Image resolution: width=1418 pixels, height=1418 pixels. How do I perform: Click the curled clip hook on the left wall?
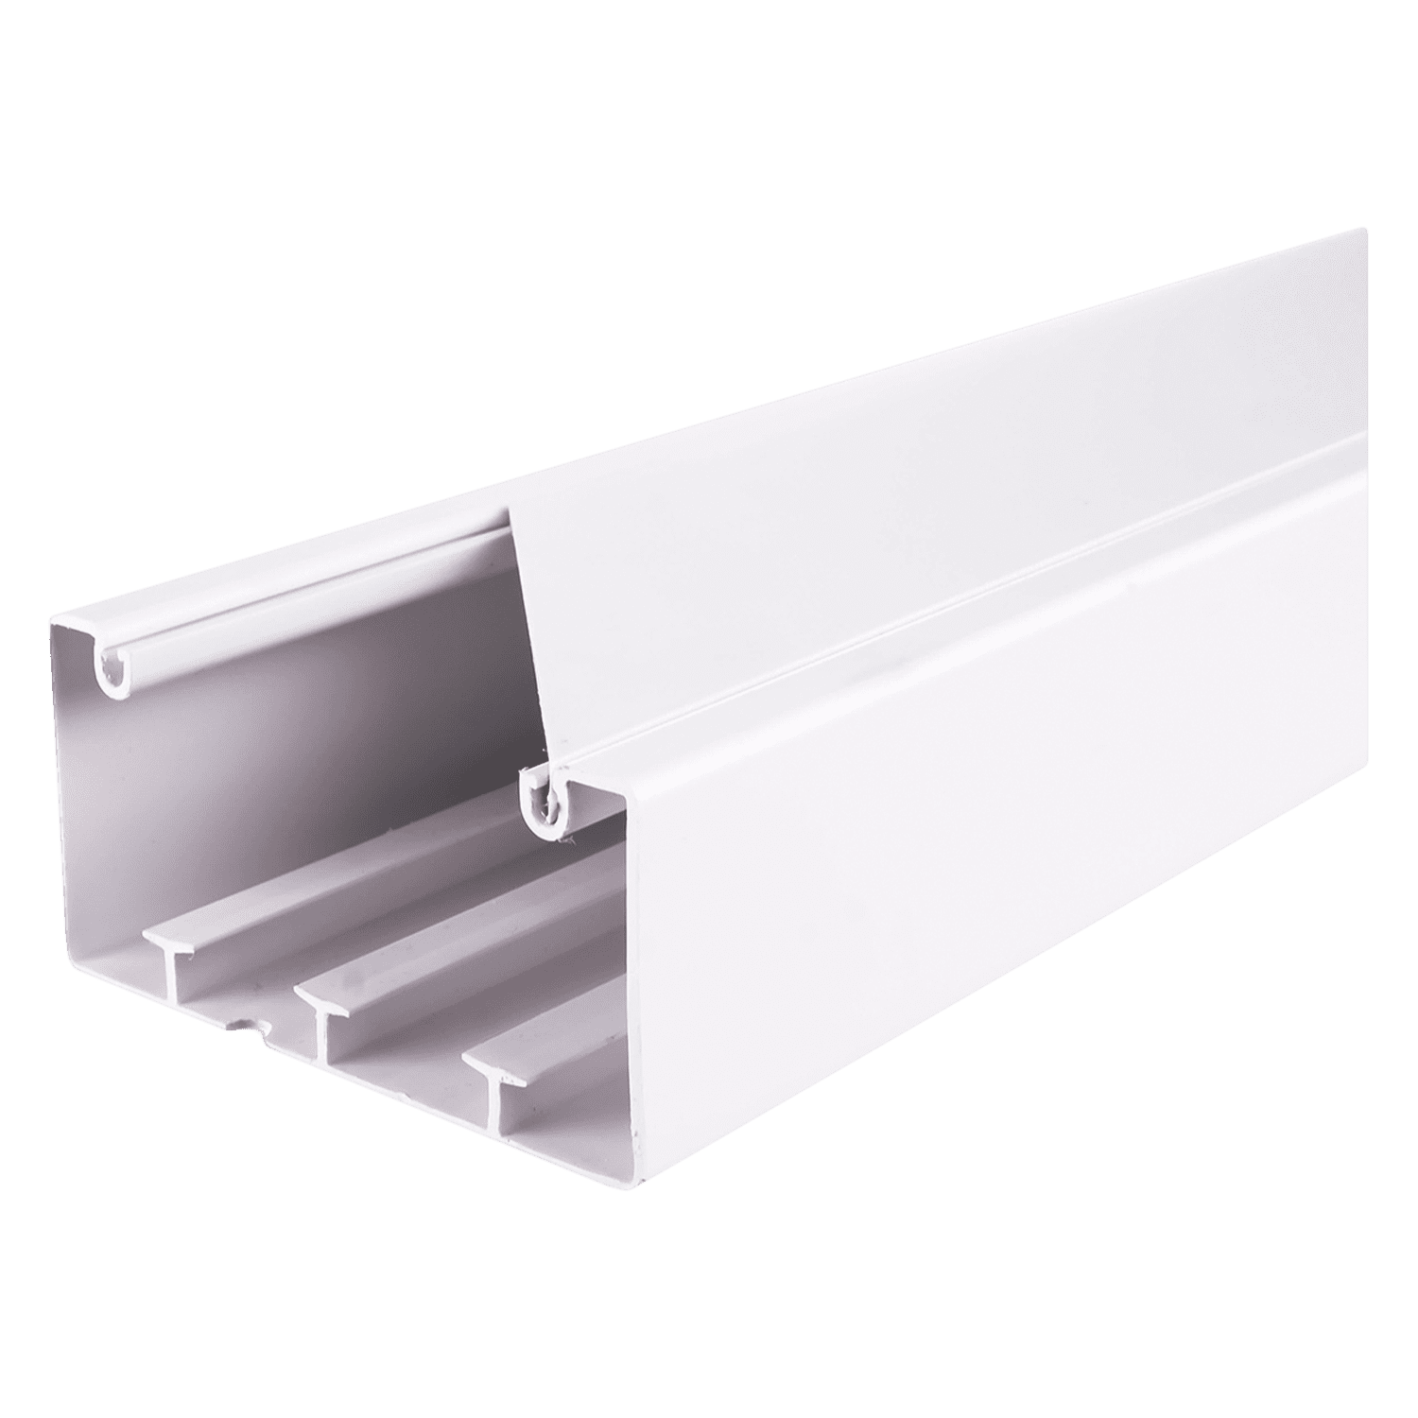[x=112, y=673]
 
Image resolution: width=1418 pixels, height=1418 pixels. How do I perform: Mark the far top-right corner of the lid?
[x=1364, y=229]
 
